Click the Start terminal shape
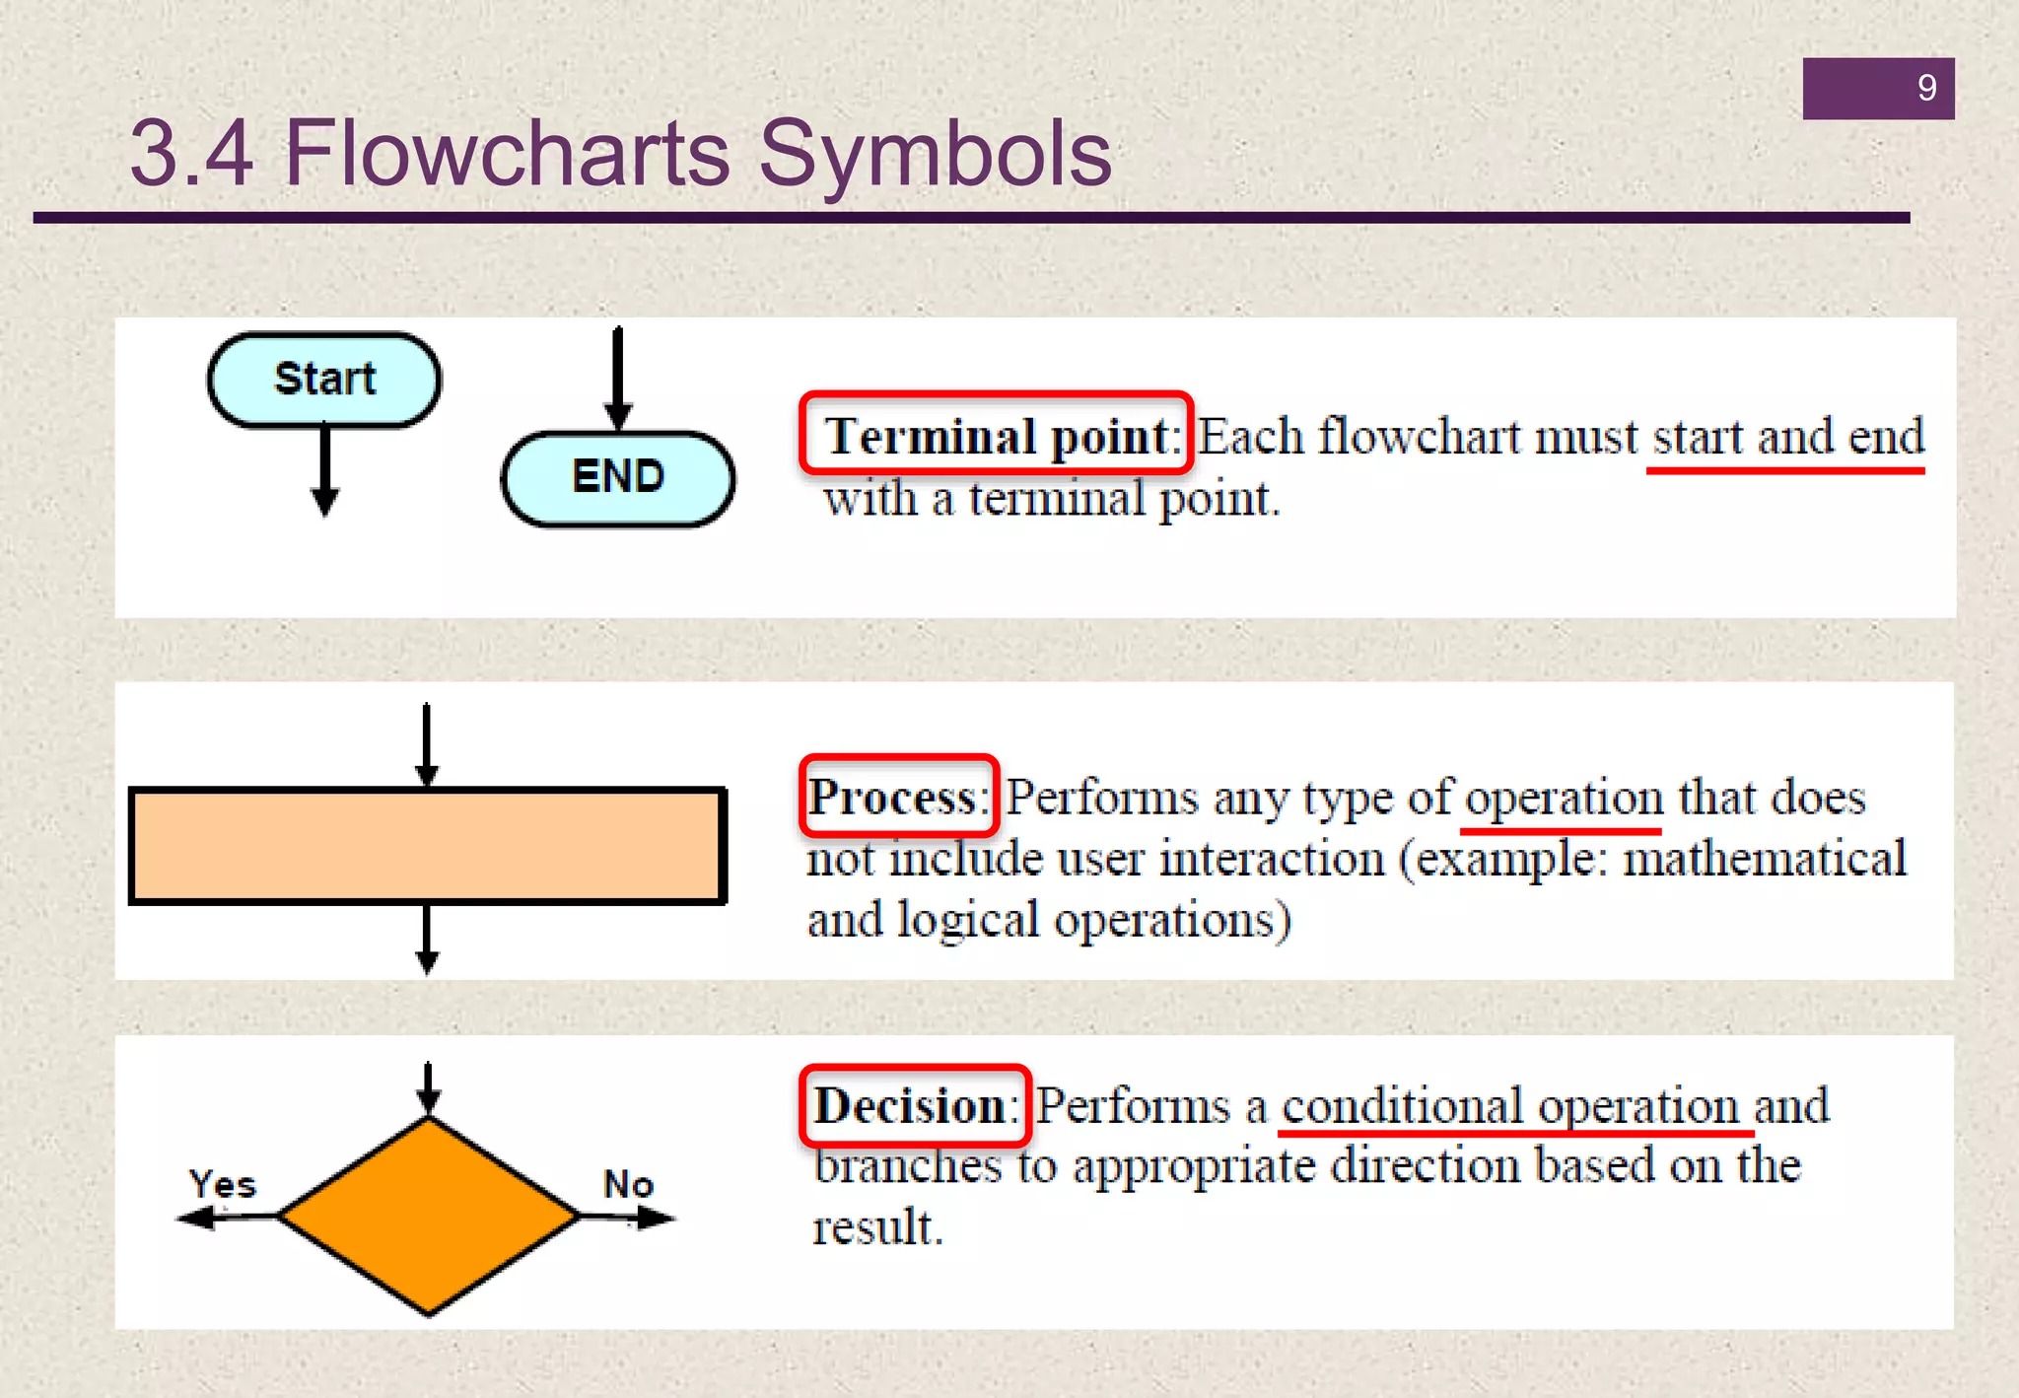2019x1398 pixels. click(323, 380)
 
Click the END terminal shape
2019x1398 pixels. click(618, 478)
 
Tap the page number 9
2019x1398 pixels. click(1926, 89)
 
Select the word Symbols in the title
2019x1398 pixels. click(935, 155)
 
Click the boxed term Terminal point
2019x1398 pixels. click(996, 435)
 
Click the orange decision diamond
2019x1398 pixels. click(428, 1217)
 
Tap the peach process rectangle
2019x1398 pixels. click(428, 846)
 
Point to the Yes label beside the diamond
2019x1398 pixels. click(223, 1184)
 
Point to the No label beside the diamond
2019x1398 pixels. click(628, 1184)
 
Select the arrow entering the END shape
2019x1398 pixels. click(618, 380)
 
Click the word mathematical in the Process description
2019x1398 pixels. click(1764, 858)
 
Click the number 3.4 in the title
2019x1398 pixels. click(191, 155)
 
